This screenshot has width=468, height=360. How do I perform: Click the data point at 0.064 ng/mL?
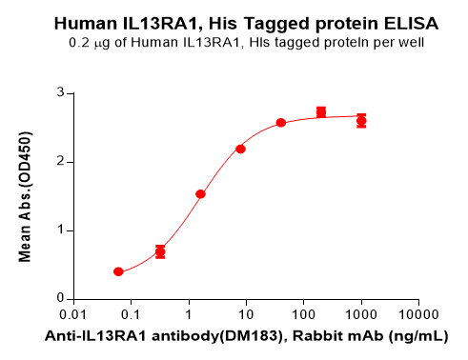118,271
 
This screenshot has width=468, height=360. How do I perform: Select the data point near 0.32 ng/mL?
160,251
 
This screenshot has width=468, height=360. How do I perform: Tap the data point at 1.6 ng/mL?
200,194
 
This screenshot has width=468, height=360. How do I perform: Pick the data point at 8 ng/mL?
240,149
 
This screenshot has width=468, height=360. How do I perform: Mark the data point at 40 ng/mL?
281,123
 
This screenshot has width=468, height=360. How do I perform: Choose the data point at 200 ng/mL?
321,112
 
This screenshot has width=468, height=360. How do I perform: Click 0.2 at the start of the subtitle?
79,44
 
